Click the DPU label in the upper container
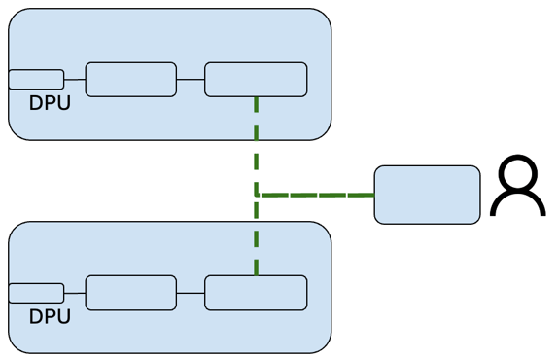coord(50,103)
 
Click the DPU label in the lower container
coord(50,316)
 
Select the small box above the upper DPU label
coord(36,80)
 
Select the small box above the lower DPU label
coord(36,293)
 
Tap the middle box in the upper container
coord(131,80)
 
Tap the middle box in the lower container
coord(131,293)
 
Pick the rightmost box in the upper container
coord(256,80)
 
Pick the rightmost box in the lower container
coord(256,293)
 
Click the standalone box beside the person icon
coord(427,195)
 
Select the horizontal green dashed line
coord(316,195)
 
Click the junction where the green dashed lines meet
coord(257,195)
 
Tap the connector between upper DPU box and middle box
coord(75,80)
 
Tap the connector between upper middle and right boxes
coord(191,80)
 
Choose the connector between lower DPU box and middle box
coord(75,293)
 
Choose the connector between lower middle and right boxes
coord(191,293)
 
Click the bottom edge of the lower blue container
coord(170,352)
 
